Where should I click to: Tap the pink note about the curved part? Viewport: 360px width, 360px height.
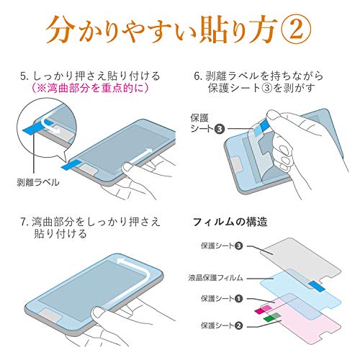click(x=90, y=88)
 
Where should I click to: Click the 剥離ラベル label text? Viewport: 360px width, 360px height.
click(x=38, y=182)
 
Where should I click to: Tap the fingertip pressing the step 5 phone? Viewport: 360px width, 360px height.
click(x=127, y=167)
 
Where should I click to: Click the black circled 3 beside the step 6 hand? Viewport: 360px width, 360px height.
click(x=219, y=129)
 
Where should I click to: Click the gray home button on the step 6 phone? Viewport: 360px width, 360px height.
click(x=237, y=165)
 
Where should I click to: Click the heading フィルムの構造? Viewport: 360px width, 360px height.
click(x=230, y=222)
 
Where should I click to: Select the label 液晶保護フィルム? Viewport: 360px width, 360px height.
click(x=215, y=278)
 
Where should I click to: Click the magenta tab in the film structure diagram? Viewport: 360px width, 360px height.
click(x=264, y=310)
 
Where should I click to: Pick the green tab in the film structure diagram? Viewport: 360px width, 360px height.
click(x=272, y=318)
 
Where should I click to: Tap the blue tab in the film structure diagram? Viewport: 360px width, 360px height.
click(x=317, y=286)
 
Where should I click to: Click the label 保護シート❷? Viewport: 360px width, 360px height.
click(x=222, y=325)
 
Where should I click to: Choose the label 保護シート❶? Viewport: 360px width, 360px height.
click(x=222, y=299)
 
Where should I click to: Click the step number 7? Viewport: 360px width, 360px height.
click(x=23, y=222)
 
